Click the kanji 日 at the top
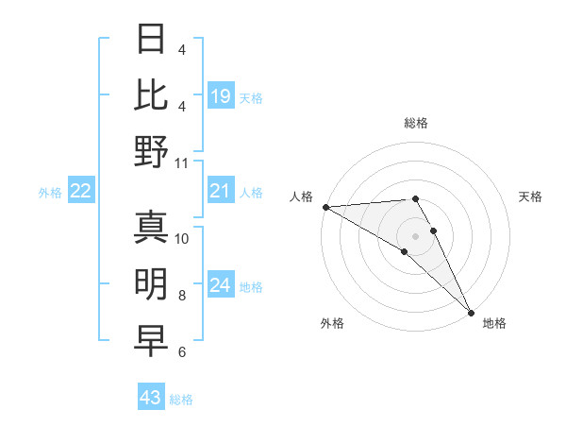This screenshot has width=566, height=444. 152,39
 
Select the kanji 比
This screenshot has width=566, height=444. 152,94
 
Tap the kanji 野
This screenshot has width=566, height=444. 152,152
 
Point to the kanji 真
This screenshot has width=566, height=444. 152,228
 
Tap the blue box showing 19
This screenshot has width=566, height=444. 220,95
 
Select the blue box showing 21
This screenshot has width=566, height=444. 220,192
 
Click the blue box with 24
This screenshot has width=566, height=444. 220,286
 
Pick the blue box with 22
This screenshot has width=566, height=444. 80,192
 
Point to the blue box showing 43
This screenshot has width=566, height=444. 151,398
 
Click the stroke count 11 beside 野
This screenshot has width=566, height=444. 182,162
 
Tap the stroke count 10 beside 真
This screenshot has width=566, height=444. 182,238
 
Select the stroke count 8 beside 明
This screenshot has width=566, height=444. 182,296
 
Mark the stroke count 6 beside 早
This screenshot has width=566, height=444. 182,352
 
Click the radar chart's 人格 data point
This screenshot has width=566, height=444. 325,207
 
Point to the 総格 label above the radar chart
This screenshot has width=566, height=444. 416,123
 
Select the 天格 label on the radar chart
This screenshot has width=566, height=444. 530,196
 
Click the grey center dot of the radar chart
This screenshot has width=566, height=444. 416,234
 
